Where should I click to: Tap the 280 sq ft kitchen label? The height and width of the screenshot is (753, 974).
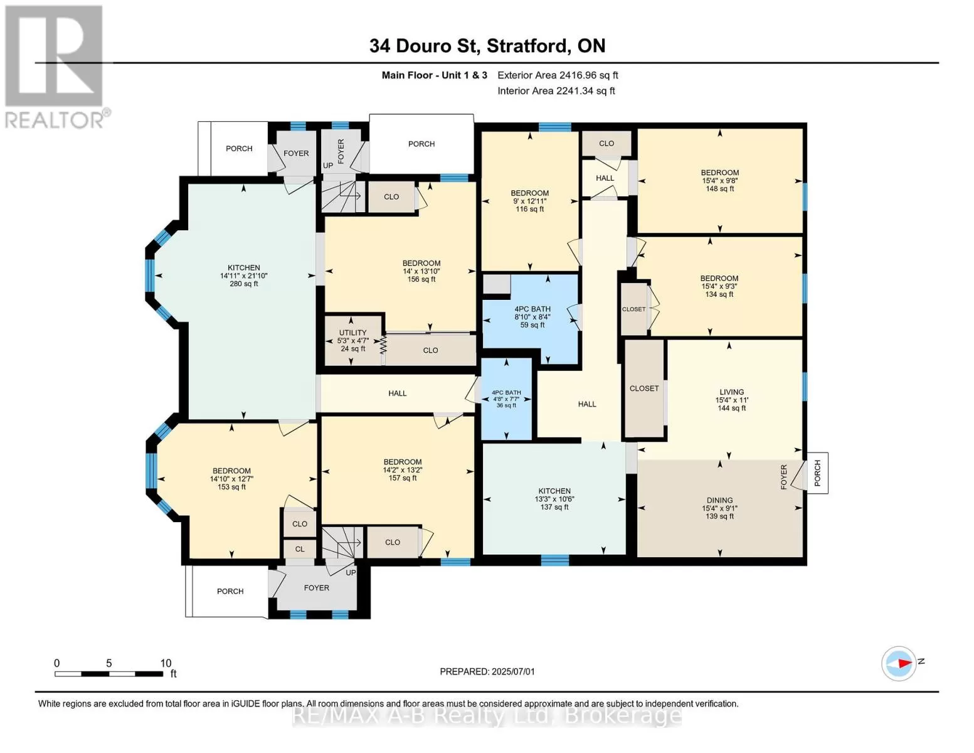click(x=244, y=275)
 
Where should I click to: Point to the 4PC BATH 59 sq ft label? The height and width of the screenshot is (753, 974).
click(x=532, y=317)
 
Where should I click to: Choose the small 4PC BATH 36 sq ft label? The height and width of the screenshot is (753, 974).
click(x=507, y=398)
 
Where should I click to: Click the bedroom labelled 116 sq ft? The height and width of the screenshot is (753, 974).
click(x=530, y=201)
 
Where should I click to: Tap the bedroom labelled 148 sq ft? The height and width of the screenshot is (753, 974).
click(x=720, y=181)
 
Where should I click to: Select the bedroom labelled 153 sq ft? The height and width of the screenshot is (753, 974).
click(x=231, y=479)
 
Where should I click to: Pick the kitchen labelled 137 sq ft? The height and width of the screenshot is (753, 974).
click(x=554, y=499)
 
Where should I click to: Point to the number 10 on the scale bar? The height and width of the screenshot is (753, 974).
click(x=166, y=663)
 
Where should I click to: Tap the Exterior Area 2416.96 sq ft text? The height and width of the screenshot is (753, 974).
click(x=558, y=75)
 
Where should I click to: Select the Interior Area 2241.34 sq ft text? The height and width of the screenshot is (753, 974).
click(x=556, y=90)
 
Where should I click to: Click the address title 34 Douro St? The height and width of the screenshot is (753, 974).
click(x=423, y=46)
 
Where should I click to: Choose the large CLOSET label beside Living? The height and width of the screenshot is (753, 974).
click(x=644, y=388)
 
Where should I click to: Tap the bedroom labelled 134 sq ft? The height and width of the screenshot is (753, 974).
click(x=719, y=286)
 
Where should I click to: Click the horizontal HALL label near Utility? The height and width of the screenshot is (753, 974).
click(x=398, y=393)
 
